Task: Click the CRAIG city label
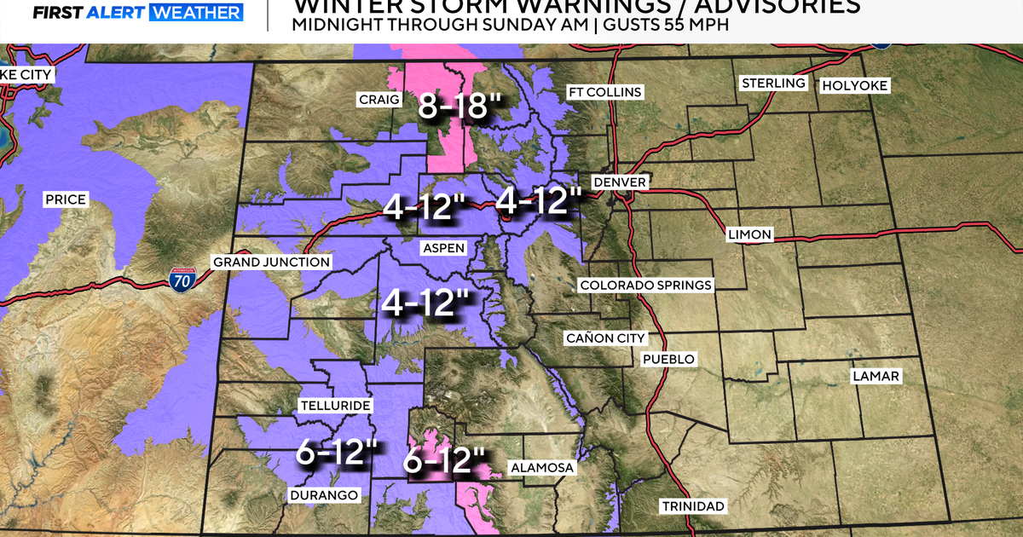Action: coord(379,101)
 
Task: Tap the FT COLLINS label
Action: coord(605,92)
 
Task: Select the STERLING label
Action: coord(773,83)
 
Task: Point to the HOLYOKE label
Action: coord(854,86)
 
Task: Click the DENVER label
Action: coord(620,182)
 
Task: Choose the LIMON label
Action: coord(749,234)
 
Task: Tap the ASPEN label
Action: coord(444,248)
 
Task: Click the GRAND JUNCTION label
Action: coord(271,262)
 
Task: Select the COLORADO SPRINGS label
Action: coord(646,285)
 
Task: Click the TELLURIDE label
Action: coord(334,406)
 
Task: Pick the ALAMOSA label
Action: coord(541,468)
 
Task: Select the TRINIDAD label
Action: coord(693,506)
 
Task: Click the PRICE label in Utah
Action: coord(66,199)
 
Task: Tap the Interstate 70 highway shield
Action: coord(182,280)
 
